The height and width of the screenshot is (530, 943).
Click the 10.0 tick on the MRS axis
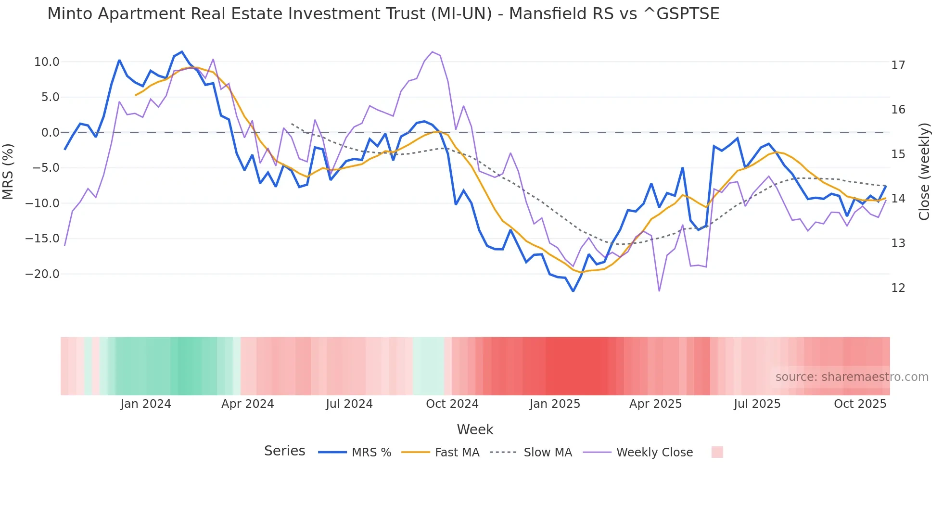pyautogui.click(x=47, y=62)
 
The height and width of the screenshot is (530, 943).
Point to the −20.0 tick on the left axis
pyautogui.click(x=42, y=274)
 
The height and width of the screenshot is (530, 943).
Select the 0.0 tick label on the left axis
pyautogui.click(x=50, y=133)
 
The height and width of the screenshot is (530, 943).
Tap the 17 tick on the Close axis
pyautogui.click(x=898, y=65)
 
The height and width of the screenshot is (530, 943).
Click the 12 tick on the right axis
pyautogui.click(x=898, y=288)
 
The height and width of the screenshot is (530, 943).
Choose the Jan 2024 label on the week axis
pyautogui.click(x=146, y=404)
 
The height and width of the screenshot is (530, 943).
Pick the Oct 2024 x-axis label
pyautogui.click(x=452, y=404)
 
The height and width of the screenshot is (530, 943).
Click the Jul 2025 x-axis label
pyautogui.click(x=757, y=404)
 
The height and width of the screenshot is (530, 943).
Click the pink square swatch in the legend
pyautogui.click(x=717, y=452)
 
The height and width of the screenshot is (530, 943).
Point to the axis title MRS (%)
pyautogui.click(x=8, y=172)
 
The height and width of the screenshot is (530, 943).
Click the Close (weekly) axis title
pyautogui.click(x=924, y=172)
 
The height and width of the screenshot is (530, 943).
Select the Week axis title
pyautogui.click(x=475, y=429)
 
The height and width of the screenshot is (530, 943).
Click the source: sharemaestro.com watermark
pyautogui.click(x=852, y=377)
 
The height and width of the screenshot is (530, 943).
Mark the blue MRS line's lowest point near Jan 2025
pyautogui.click(x=573, y=291)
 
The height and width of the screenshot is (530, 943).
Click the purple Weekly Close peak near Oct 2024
pyautogui.click(x=433, y=52)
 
